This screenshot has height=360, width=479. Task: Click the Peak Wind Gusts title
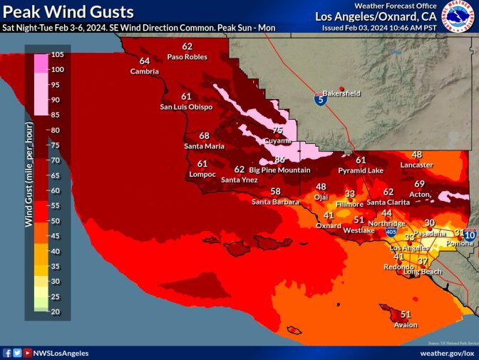68,11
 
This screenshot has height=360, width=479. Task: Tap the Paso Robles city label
187,56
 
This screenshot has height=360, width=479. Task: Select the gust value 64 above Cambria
145,61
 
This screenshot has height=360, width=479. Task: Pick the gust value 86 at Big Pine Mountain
279,160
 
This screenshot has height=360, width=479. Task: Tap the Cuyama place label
277,140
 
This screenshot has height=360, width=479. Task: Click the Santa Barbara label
274,202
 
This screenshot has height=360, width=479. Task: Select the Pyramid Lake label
361,171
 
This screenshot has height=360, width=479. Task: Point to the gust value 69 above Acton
420,184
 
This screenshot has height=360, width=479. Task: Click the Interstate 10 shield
470,234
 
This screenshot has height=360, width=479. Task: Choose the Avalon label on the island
406,324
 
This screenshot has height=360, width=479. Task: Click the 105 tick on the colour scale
57,54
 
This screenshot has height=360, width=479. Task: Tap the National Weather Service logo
458,17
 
